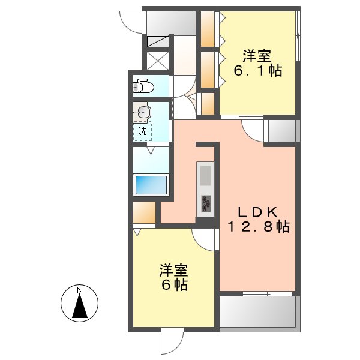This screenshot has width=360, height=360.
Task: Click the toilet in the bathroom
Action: (x=145, y=87)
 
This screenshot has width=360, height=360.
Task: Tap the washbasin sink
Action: (x=143, y=112)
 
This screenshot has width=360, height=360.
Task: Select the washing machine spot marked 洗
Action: (x=143, y=131)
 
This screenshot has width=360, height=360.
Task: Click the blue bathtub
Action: (x=151, y=184)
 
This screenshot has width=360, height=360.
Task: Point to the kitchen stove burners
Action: (x=206, y=203)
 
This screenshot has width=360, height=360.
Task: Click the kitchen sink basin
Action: (x=205, y=176)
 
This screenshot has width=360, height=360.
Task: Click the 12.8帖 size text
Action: (x=259, y=227)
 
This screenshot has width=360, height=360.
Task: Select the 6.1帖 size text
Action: (x=258, y=71)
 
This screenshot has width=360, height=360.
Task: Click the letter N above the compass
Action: (x=79, y=291)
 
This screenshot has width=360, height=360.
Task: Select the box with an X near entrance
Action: (x=157, y=61)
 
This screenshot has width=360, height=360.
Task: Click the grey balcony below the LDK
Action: (x=258, y=312)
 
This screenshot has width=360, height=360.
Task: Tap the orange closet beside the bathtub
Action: (x=145, y=213)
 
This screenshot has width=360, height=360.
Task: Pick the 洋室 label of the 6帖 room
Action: (x=173, y=269)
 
